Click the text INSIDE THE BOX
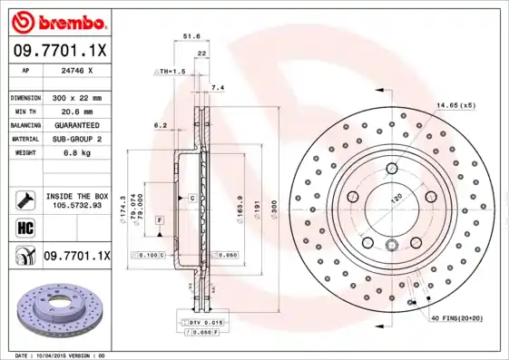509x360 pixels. pos(77,196)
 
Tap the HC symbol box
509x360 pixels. pos(24,227)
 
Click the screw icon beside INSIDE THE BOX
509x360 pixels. pos(24,200)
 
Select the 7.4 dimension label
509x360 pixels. pos(216,88)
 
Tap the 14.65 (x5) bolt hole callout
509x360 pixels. pos(455,106)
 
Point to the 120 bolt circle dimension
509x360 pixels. pos(396,198)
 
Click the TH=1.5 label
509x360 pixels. pos(172,70)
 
